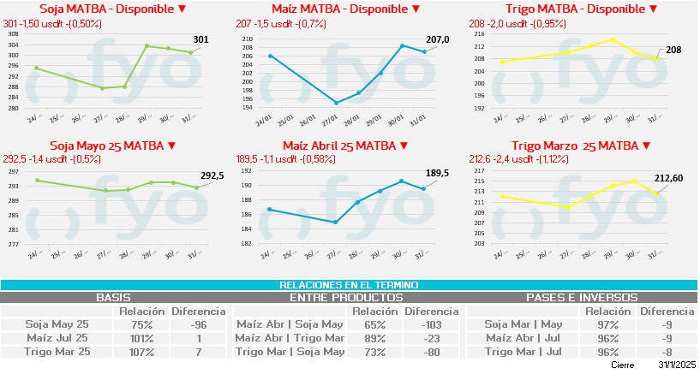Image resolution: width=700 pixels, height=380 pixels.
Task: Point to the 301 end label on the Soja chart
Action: pos(201,39)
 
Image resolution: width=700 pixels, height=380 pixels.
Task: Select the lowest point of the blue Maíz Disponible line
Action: pos(336,103)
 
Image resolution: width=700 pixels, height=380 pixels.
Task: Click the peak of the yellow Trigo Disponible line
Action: pos(612,39)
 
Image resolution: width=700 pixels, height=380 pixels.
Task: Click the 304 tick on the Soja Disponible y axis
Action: pos(13,45)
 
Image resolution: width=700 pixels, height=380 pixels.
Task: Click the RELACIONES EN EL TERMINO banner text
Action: pos(350,285)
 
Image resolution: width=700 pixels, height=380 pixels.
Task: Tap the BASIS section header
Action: pos(113,298)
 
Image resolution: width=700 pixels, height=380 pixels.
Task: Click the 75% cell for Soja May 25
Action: pos(141,324)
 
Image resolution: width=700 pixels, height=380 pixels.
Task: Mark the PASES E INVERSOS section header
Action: pos(581,298)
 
